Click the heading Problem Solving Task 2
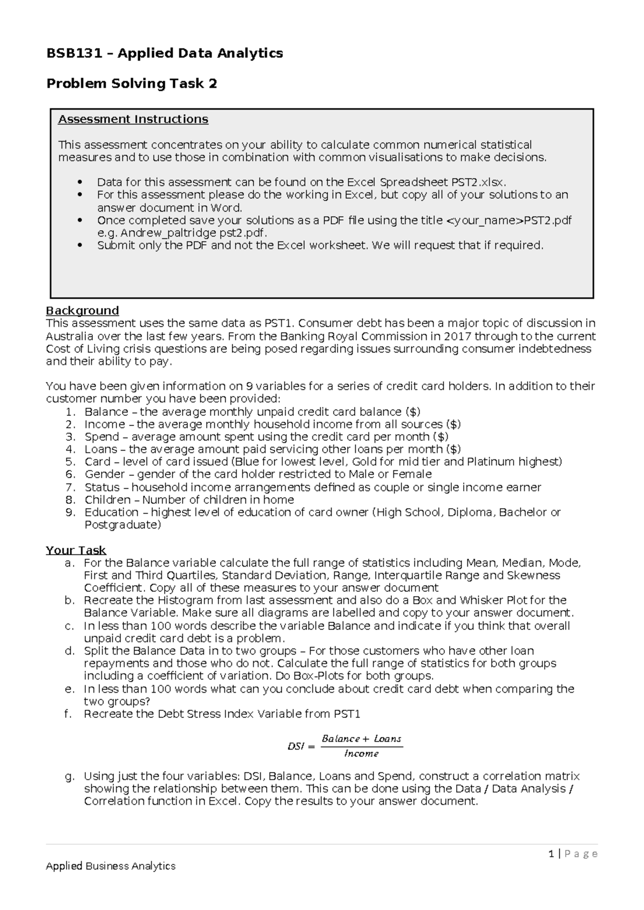[x=131, y=84]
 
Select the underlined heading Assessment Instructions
[x=133, y=119]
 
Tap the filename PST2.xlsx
[x=477, y=182]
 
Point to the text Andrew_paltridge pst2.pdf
[x=193, y=233]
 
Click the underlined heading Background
[x=82, y=311]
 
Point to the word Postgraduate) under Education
[x=123, y=525]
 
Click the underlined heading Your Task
[x=76, y=551]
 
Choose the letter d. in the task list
[x=69, y=651]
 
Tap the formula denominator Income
[x=361, y=754]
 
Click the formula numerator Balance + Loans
[x=361, y=739]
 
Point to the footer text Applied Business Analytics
[x=111, y=866]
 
